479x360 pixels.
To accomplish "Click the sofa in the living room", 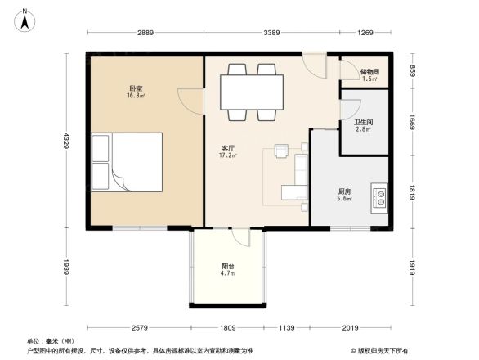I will [297, 180].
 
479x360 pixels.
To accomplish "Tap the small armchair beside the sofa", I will [282, 150].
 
